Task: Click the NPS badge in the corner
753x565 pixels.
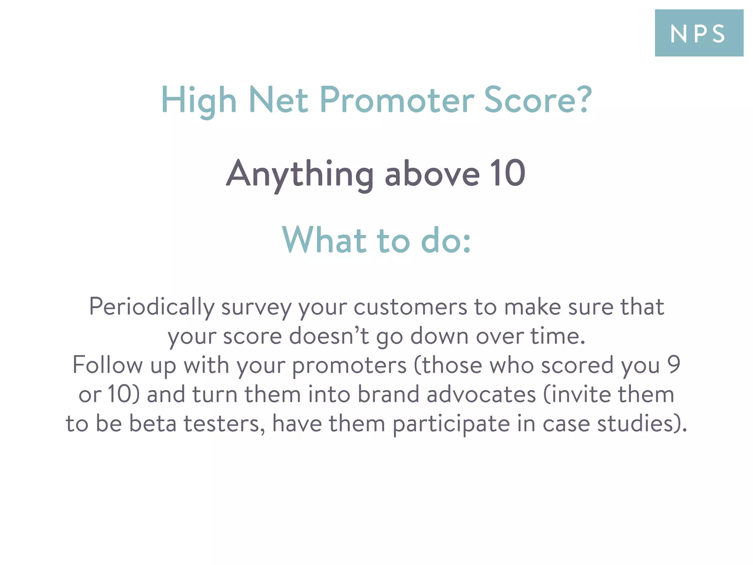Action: pos(699,33)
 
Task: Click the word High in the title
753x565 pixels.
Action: pos(199,100)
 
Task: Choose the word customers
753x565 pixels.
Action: pos(410,307)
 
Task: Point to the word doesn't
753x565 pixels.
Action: pos(329,336)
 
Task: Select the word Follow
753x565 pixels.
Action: pos(107,365)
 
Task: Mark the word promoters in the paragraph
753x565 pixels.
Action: pos(349,366)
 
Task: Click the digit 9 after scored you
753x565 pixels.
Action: pos(674,365)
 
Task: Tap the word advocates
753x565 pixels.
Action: pos(481,394)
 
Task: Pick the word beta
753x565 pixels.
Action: pos(153,423)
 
